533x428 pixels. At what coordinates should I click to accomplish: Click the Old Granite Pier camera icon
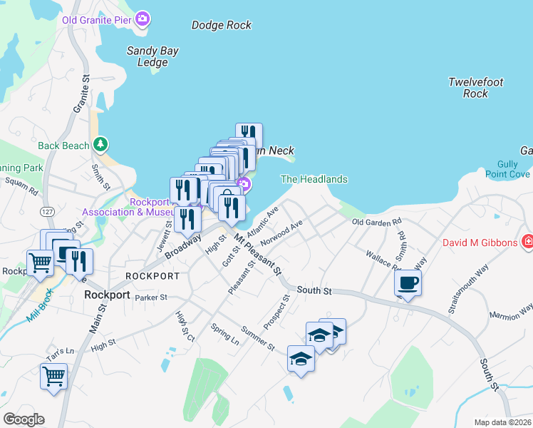pos(143,19)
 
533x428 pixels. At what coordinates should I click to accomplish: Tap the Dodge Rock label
pos(222,25)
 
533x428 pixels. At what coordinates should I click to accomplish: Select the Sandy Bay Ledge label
pos(152,56)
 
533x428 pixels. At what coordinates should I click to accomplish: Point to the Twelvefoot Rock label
pos(476,88)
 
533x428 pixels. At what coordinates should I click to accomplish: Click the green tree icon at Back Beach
pos(102,145)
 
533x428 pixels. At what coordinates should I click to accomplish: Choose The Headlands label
pos(314,179)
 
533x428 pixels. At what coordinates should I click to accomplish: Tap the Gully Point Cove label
pos(507,168)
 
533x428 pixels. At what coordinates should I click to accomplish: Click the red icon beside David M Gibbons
pos(527,243)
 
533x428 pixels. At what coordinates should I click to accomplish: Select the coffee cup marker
pos(408,283)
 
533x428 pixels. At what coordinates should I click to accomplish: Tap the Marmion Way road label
pos(511,312)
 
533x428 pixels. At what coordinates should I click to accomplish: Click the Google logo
pos(24,419)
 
